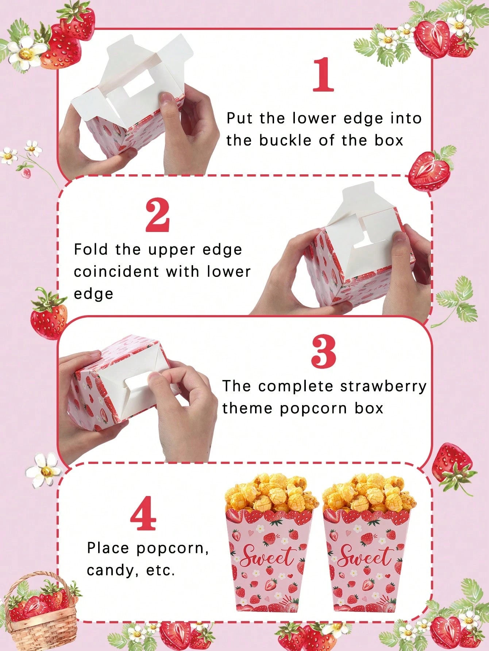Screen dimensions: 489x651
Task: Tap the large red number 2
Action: pyautogui.click(x=158, y=216)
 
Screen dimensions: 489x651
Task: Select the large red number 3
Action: pyautogui.click(x=324, y=352)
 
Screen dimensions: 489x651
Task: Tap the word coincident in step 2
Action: pyautogui.click(x=116, y=272)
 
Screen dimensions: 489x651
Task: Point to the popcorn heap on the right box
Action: pyautogui.click(x=369, y=492)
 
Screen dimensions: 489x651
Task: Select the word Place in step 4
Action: pyautogui.click(x=108, y=548)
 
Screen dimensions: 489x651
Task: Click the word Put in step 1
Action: pyautogui.click(x=239, y=118)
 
